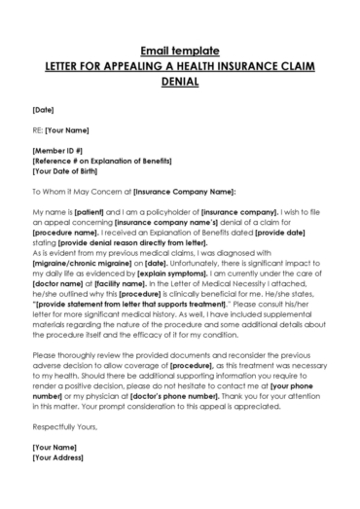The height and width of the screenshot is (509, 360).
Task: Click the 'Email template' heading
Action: tap(180, 49)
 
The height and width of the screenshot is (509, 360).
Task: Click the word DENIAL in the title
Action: tap(180, 83)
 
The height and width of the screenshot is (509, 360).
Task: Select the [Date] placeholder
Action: tap(43, 108)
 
